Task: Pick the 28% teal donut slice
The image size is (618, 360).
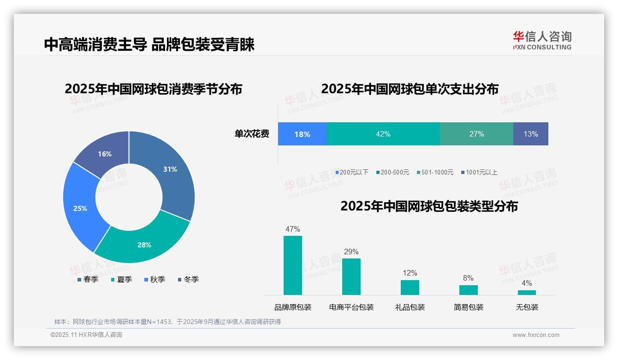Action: point(143,245)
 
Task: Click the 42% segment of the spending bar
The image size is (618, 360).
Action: point(383,134)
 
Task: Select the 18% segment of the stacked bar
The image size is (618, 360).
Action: point(302,134)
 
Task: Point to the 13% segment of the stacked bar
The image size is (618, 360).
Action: point(530,134)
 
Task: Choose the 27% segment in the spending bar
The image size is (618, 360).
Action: point(476,134)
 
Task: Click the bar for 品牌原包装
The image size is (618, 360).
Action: point(293,265)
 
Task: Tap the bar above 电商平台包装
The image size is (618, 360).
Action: point(351,276)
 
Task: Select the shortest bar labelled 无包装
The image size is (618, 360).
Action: point(527,292)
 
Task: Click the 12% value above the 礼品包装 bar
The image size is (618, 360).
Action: point(410,273)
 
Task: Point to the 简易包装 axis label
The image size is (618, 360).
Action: point(468,307)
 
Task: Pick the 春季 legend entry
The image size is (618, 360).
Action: point(88,279)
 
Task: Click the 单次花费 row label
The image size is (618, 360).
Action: point(252,134)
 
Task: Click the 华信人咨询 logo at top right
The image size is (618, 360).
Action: point(542,40)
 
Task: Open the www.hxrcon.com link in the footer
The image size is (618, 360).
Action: point(535,335)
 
